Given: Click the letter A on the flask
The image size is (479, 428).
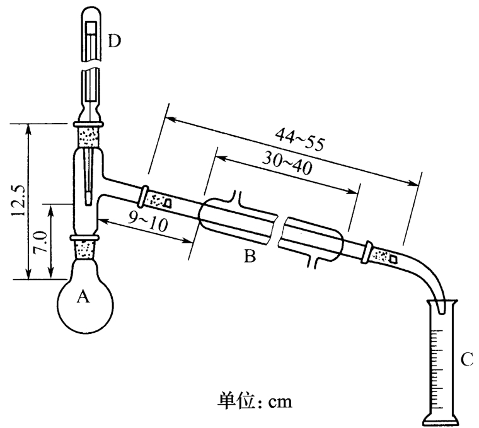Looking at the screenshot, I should pos(81,296).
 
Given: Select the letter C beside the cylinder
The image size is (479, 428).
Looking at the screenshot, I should pos(467,360).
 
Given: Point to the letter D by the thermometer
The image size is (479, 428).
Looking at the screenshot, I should pos(113,42).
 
